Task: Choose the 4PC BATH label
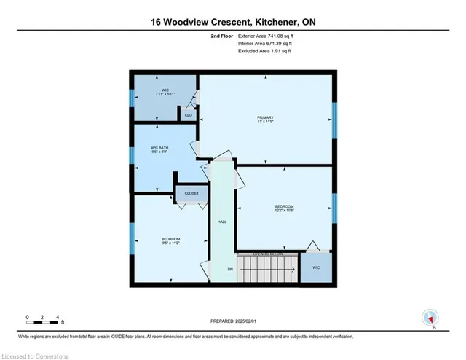pos(160,149)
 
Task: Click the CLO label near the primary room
pos(188,115)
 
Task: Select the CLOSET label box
pos(191,194)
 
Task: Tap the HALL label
pos(222,222)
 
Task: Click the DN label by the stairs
pos(231,269)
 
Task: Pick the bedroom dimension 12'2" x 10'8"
pos(284,211)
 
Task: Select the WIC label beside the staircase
pos(315,267)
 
